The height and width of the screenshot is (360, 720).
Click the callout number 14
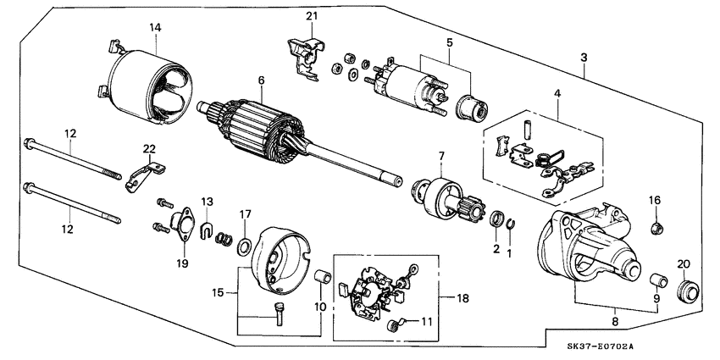click(x=154, y=28)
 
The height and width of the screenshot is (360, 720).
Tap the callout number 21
click(x=310, y=17)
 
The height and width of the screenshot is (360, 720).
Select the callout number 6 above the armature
click(x=262, y=80)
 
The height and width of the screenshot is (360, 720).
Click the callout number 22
click(x=149, y=149)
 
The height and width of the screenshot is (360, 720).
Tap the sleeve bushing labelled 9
click(x=655, y=280)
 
